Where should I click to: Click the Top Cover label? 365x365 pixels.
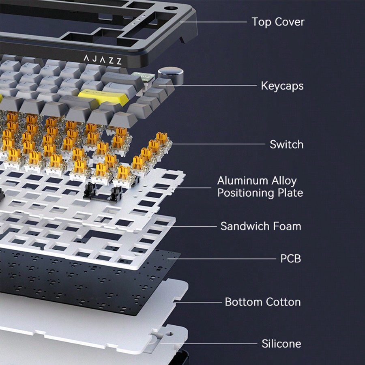coord(278,22)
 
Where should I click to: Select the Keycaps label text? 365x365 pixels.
coord(282,86)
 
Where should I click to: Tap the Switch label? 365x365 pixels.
coord(287,144)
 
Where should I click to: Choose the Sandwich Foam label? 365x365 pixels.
coord(261,226)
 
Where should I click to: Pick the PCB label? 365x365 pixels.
coord(290,259)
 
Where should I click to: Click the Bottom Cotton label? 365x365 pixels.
coord(263,302)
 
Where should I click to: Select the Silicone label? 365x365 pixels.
coord(281,344)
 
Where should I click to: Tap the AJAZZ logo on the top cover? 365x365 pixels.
coord(103,60)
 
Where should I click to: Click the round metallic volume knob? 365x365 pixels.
coord(170,76)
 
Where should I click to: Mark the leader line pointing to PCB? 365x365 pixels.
coord(221,259)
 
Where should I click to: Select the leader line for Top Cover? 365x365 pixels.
coord(213,22)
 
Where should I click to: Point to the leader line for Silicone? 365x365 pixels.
coord(208,344)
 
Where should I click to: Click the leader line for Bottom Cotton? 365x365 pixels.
coord(198,302)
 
